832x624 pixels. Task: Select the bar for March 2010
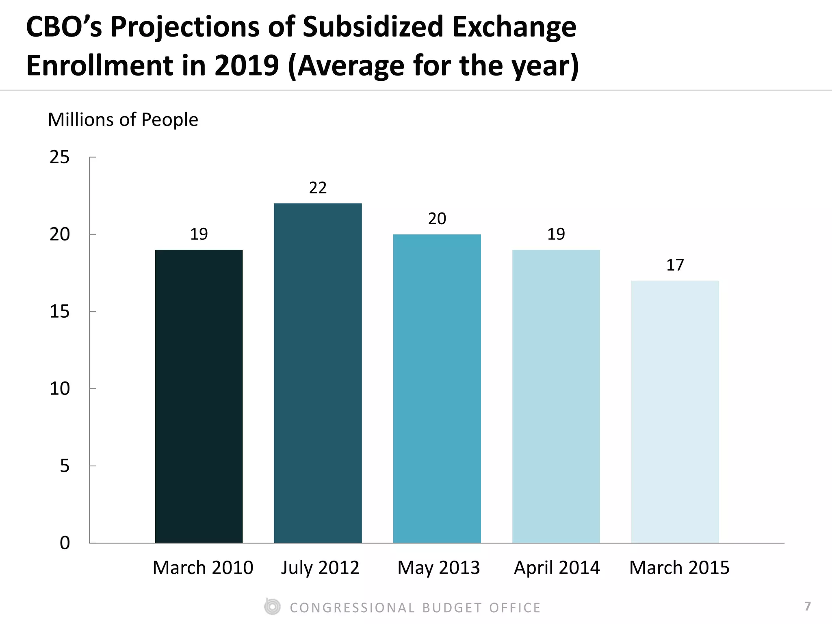point(199,396)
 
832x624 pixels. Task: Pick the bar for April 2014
point(556,396)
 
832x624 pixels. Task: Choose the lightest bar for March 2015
point(675,412)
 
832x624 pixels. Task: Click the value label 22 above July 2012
point(318,188)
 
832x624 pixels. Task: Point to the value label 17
point(675,265)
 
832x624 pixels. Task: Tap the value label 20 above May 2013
point(437,219)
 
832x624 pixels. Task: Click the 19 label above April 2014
point(556,234)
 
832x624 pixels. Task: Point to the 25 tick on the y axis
point(60,157)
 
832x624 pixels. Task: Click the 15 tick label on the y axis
point(60,312)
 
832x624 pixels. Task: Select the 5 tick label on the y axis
point(65,466)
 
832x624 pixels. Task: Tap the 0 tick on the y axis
point(65,543)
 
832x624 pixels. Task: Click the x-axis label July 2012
point(320,568)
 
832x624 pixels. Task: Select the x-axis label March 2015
point(679,568)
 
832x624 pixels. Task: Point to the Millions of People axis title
point(123,120)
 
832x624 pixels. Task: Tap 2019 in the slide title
point(247,66)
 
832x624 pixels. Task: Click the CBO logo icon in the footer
point(272,607)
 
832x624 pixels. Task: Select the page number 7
point(807,606)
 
